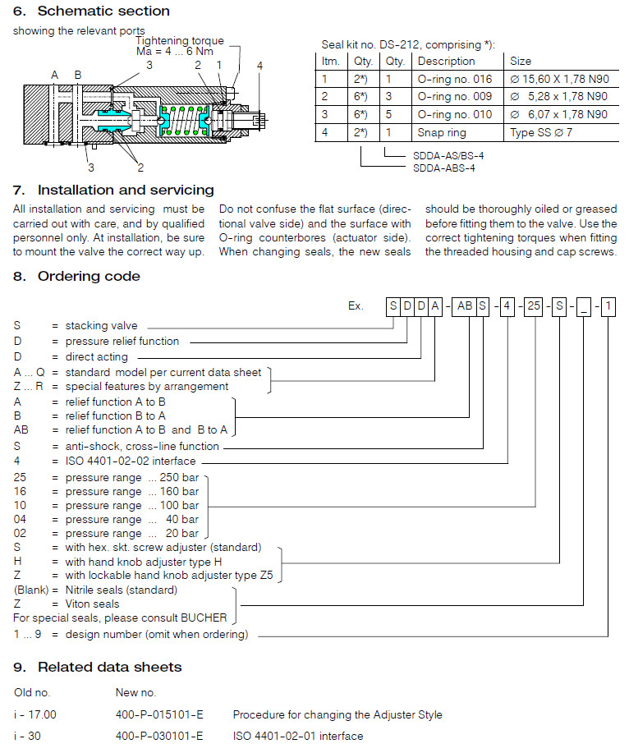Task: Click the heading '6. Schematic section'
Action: (91, 11)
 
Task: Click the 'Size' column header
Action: (521, 61)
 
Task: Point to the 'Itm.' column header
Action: (331, 61)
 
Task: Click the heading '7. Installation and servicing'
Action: (113, 191)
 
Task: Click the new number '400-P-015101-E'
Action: (159, 714)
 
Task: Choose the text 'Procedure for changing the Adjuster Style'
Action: (337, 714)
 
